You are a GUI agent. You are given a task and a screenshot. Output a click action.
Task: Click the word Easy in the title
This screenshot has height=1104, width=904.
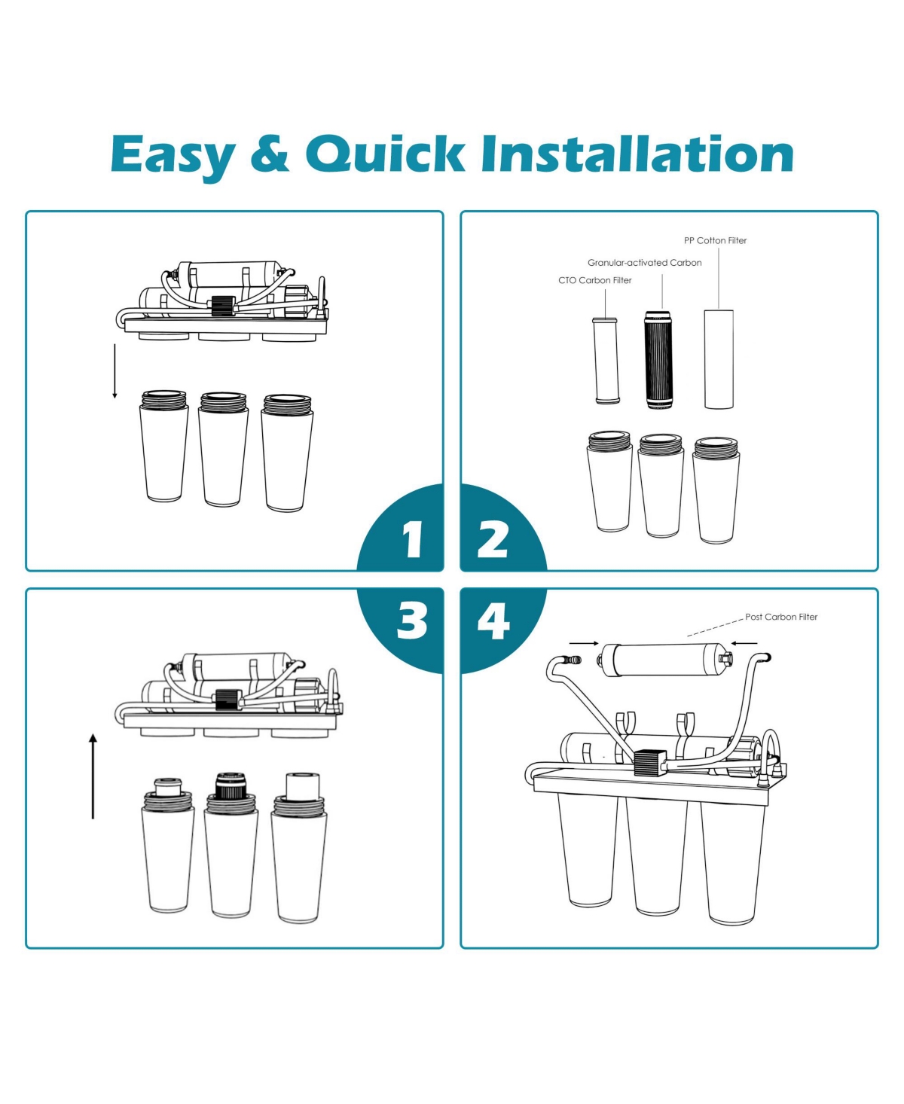tap(173, 156)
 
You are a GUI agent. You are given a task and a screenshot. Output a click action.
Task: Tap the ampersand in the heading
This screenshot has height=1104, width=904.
tap(270, 153)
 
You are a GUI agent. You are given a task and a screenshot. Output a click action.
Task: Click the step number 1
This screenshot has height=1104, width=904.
tap(414, 539)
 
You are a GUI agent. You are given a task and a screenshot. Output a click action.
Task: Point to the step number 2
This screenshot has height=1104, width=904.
tap(493, 539)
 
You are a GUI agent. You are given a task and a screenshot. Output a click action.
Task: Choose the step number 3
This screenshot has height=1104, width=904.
tap(412, 621)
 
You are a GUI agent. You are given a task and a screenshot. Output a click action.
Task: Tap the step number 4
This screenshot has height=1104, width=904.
tap(493, 621)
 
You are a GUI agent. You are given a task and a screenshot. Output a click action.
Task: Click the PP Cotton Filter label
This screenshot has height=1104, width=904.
tap(715, 241)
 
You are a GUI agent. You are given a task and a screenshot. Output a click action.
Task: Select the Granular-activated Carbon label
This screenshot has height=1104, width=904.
tap(644, 263)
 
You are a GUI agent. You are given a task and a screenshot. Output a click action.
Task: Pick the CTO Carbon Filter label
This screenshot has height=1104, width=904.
tap(594, 281)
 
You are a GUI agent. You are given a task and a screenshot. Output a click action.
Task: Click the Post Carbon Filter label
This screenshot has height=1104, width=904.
tap(781, 618)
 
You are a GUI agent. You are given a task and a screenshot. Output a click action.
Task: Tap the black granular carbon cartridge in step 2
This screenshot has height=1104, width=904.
tap(659, 360)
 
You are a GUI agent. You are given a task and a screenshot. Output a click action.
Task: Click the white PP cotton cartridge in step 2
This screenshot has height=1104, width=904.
tap(719, 359)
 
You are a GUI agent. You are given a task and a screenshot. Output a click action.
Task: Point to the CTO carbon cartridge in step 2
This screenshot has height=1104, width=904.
tap(606, 361)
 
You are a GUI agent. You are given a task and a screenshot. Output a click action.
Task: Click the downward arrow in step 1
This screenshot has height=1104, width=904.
tap(115, 371)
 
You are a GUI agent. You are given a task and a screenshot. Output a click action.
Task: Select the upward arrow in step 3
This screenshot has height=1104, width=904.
tap(93, 776)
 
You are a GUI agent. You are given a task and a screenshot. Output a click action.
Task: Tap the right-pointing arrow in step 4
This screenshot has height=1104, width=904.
tap(584, 643)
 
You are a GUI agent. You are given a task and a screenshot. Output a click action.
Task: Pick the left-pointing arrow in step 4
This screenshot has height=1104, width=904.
tap(744, 643)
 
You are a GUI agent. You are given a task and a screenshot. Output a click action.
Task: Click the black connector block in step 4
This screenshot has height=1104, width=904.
tap(650, 764)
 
